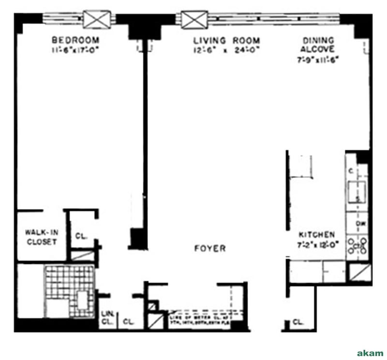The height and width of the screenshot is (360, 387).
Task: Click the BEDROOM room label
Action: point(75,40)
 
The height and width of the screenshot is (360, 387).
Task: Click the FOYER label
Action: point(209,249)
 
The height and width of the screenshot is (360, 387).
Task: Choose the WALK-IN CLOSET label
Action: point(41,237)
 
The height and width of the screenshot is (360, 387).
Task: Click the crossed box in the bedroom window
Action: point(97,19)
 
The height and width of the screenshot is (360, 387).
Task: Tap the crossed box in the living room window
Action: point(195,20)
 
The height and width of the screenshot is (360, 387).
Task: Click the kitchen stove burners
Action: point(357,245)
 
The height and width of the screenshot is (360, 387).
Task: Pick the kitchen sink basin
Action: point(357,189)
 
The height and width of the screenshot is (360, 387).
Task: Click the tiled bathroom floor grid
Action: point(69,290)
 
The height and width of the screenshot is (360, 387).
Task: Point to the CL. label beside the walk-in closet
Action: point(80,236)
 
